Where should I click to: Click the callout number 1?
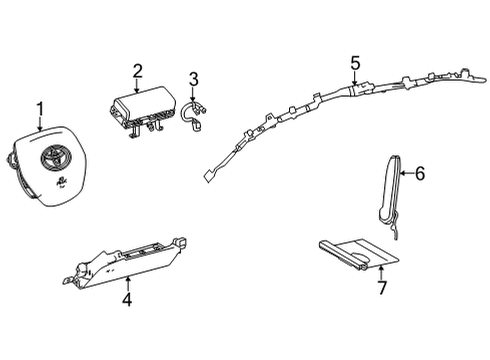39,108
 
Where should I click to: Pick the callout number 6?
419,174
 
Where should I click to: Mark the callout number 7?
379,290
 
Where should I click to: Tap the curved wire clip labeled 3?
197,114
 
